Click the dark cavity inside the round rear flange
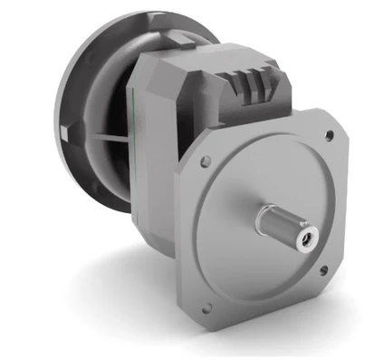[113, 100]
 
